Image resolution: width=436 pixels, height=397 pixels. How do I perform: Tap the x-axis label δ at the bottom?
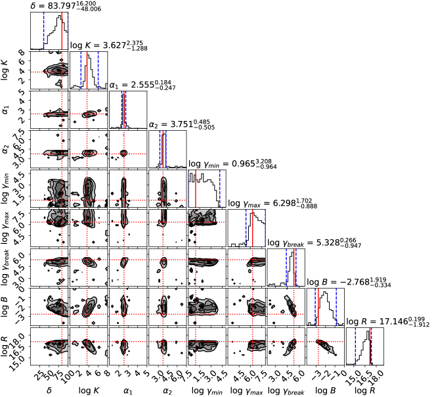49,390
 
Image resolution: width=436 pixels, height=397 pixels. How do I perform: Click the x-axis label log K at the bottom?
88,390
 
